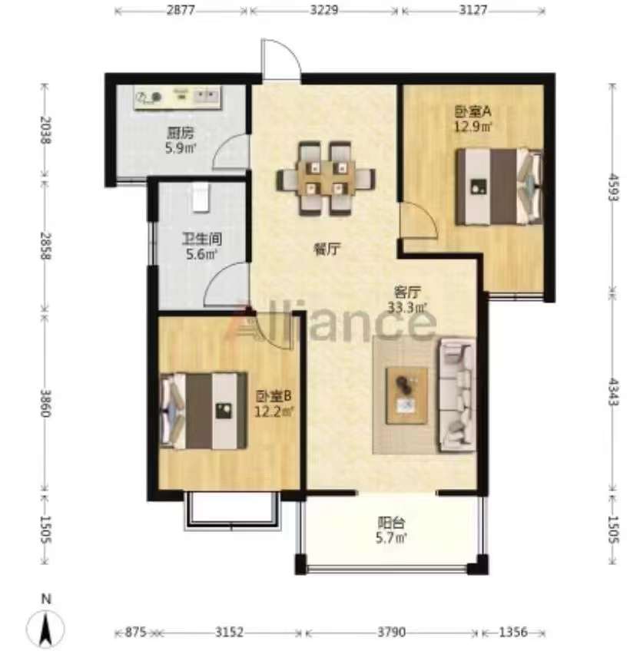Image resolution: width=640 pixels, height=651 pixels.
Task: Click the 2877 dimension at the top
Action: [x=181, y=9]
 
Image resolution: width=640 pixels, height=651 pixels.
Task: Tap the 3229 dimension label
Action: [x=324, y=9]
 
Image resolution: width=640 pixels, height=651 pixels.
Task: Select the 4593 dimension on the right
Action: [x=612, y=187]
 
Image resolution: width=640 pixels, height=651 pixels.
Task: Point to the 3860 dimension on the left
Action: [x=45, y=403]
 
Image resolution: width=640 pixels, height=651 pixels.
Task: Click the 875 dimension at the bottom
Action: [x=135, y=633]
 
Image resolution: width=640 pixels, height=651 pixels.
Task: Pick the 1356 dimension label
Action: [x=513, y=633]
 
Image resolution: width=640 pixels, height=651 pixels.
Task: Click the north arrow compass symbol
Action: [x=46, y=623]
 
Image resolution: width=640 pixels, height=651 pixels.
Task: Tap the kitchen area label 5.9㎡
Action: [x=181, y=148]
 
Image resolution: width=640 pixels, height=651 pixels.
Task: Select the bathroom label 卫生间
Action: [x=202, y=240]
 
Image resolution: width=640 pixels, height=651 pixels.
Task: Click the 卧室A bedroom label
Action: [x=473, y=111]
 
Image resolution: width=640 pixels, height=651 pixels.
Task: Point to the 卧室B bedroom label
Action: [x=274, y=396]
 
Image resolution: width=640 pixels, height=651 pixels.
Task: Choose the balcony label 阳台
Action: [x=391, y=522]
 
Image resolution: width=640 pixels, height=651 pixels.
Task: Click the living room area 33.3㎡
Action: [x=408, y=308]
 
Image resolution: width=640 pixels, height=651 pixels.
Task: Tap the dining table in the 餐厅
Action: [x=326, y=179]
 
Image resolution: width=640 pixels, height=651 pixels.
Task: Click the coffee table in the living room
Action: [x=407, y=395]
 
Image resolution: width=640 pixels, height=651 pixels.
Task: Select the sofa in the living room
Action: [x=457, y=395]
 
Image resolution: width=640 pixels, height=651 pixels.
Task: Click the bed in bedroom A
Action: [x=499, y=187]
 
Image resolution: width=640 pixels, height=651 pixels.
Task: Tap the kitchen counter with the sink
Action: [x=177, y=97]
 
